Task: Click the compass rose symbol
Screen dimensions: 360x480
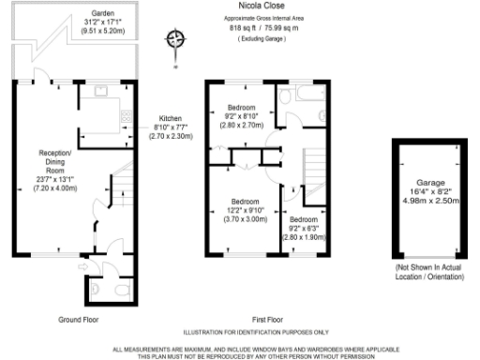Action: point(174,39)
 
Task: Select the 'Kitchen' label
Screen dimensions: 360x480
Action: point(171,117)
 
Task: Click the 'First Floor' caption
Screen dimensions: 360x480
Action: point(268,318)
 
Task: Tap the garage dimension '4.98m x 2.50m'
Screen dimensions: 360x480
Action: point(430,200)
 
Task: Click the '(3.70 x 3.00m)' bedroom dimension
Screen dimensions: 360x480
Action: point(244,219)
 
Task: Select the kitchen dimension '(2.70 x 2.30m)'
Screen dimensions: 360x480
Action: point(171,136)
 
